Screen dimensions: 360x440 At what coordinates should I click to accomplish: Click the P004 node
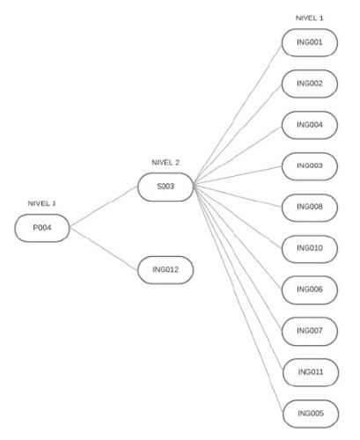pos(42,228)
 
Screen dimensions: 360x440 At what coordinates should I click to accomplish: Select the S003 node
pos(165,187)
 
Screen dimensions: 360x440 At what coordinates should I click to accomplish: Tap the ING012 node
pos(165,270)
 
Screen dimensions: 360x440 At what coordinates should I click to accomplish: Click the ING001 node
pos(310,42)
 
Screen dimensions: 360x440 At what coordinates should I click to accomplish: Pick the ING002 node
pos(310,84)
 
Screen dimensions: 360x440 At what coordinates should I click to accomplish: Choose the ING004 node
pos(310,125)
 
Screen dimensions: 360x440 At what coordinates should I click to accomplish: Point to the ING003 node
pos(310,166)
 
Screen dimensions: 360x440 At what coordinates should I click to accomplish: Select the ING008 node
pos(310,208)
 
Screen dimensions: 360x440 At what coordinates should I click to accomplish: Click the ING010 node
pos(310,249)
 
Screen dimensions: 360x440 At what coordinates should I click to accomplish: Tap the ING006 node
pos(310,290)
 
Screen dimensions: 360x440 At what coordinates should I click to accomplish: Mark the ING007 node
pos(310,332)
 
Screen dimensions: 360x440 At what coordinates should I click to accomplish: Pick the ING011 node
pos(311,372)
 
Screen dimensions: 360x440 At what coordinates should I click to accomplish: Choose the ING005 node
pos(311,414)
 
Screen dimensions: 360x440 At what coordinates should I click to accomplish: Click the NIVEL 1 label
pos(309,18)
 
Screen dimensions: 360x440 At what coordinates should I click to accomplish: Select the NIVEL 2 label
pos(165,163)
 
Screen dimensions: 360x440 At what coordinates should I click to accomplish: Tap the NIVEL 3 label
pos(41,203)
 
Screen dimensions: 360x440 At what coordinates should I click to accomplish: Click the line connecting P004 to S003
pos(104,207)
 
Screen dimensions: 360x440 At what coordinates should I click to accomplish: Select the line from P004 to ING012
pos(104,249)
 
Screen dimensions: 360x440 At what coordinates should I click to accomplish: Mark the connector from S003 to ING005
pos(239,299)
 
